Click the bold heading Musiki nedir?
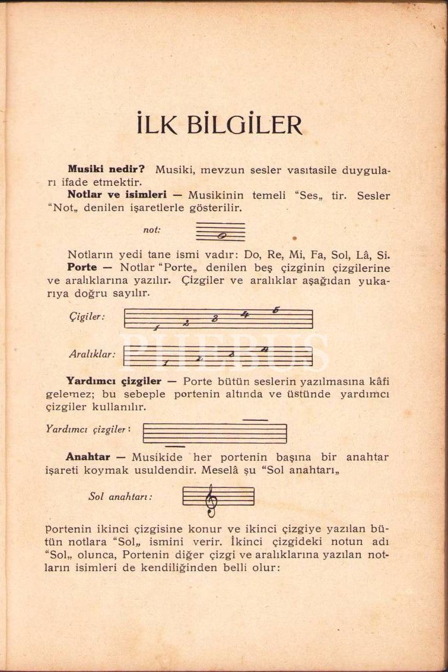[106, 169]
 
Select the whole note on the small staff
[221, 236]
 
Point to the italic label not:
[152, 230]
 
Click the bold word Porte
[82, 268]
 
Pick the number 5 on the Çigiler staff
[276, 310]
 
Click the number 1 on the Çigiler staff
[157, 327]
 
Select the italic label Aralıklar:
[91, 354]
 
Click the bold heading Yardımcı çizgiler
[113, 381]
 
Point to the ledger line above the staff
[256, 420]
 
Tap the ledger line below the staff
[174, 446]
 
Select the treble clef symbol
[211, 500]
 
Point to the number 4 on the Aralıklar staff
[264, 349]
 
